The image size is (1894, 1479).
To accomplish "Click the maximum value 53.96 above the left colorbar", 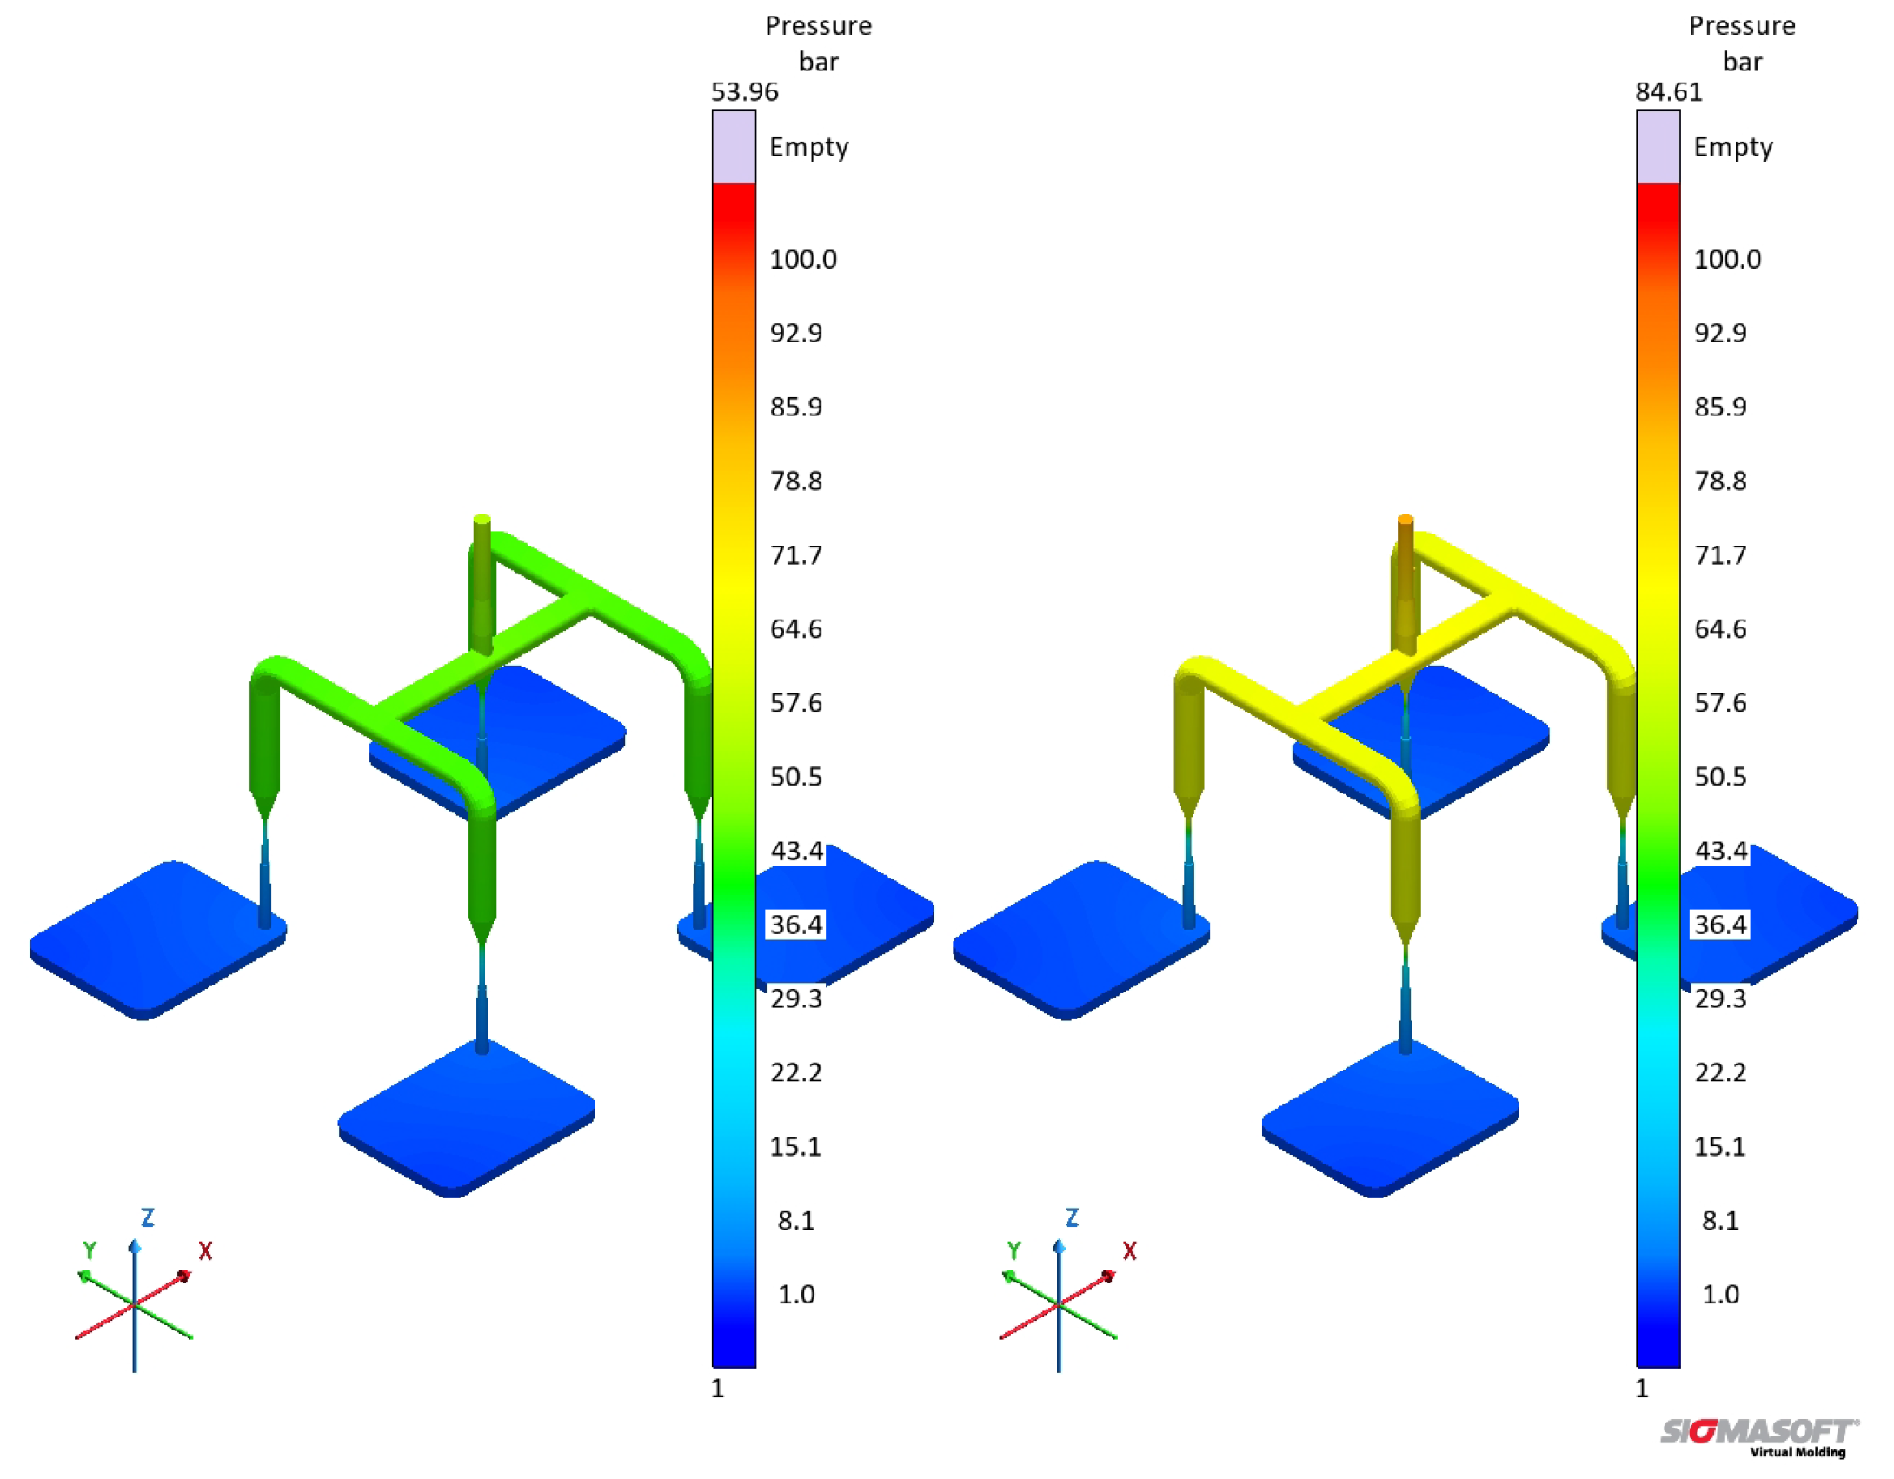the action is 744,92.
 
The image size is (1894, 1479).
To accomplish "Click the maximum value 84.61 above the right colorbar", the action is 1668,92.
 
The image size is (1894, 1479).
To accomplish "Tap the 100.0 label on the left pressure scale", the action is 803,259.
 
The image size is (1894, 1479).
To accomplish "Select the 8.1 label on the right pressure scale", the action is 1720,1220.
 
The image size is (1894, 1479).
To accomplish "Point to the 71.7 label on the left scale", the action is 796,554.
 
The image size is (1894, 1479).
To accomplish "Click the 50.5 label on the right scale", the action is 1720,776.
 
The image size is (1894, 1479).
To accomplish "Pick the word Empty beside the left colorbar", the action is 808,148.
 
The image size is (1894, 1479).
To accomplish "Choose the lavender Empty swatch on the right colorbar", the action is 1658,147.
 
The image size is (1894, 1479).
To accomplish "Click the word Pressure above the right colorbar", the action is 1742,26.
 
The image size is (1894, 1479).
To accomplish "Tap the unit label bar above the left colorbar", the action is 819,63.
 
